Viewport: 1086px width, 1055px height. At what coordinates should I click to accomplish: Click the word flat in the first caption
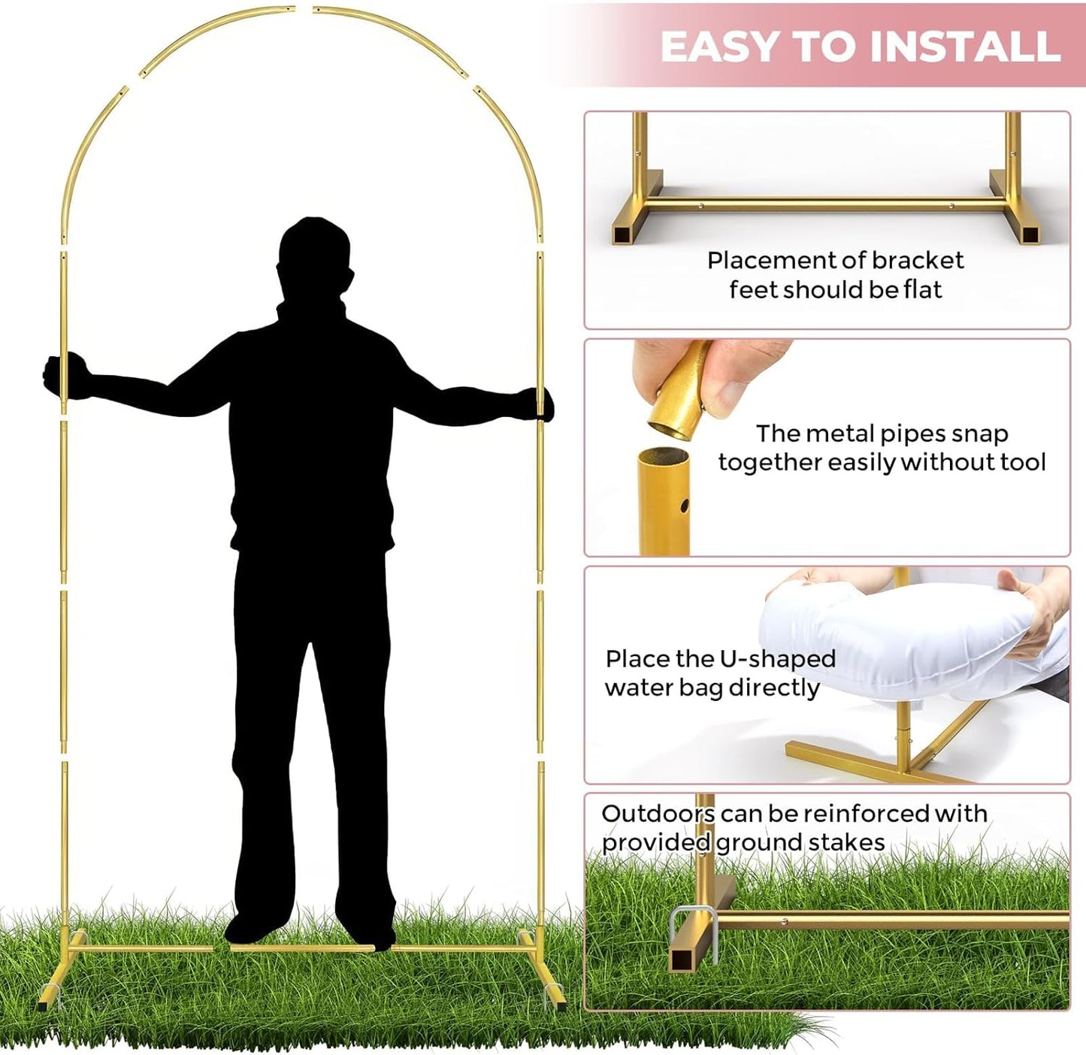coord(922,289)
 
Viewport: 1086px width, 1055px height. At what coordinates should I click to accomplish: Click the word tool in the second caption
coord(1022,462)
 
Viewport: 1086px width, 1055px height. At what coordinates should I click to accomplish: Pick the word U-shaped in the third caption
coord(777,659)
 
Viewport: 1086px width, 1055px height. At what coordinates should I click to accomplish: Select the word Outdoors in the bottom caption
coord(657,814)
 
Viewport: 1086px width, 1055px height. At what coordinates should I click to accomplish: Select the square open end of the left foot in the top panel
coord(622,234)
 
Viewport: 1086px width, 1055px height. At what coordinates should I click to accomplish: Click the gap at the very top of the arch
coord(304,10)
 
